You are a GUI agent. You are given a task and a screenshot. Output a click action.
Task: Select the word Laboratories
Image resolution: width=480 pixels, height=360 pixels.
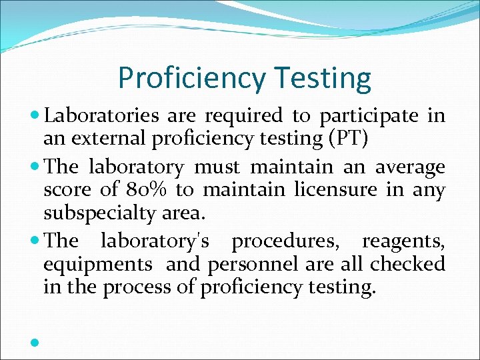[101, 116]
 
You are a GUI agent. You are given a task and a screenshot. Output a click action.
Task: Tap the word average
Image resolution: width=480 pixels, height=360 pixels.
[410, 166]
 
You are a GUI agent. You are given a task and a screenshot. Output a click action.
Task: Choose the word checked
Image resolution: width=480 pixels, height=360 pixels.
[407, 264]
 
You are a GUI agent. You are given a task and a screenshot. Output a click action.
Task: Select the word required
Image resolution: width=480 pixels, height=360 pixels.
[244, 116]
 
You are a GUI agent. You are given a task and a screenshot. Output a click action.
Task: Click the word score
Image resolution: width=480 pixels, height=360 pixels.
[68, 190]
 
